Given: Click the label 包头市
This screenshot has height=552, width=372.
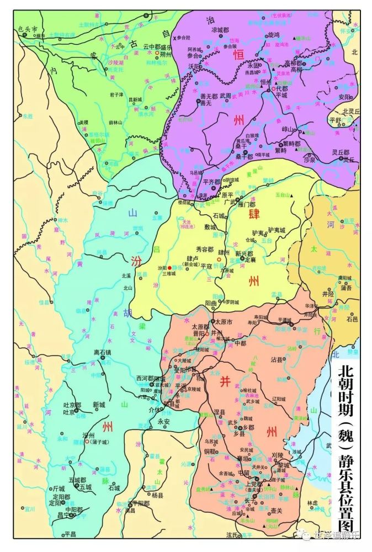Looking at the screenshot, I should (x=27, y=28).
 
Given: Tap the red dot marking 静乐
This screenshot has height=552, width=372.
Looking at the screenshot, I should (x=170, y=268).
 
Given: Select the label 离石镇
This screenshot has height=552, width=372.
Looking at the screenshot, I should (x=103, y=352).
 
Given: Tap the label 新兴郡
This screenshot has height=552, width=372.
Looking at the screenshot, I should (x=244, y=253).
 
